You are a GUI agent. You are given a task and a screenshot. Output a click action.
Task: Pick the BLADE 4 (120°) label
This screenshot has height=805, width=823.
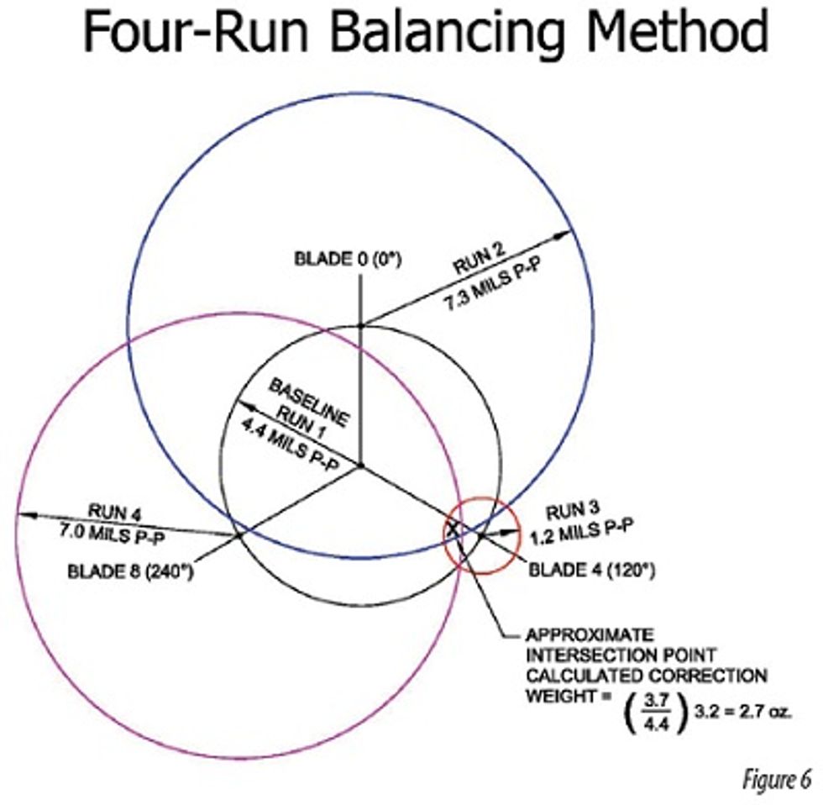point(590,570)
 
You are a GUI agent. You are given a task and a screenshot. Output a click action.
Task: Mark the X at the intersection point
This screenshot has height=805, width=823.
point(453,529)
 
